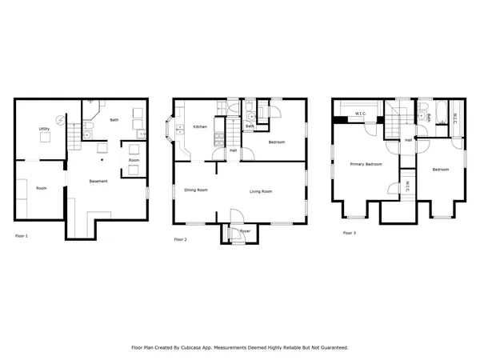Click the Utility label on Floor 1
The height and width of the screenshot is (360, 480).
tap(45, 129)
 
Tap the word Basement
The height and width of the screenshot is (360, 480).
tap(98, 182)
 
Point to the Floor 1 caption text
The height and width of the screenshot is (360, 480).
tap(22, 236)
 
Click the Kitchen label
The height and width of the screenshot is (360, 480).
tap(201, 127)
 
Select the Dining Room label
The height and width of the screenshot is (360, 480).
tap(196, 190)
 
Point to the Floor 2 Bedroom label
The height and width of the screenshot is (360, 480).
tap(277, 142)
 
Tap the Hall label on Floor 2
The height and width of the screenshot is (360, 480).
tap(234, 150)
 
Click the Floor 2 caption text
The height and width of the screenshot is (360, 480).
tap(181, 238)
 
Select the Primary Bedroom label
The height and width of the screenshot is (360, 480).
tap(366, 164)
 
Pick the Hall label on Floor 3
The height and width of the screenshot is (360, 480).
tap(408, 140)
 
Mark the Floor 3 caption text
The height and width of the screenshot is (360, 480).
tap(349, 233)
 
